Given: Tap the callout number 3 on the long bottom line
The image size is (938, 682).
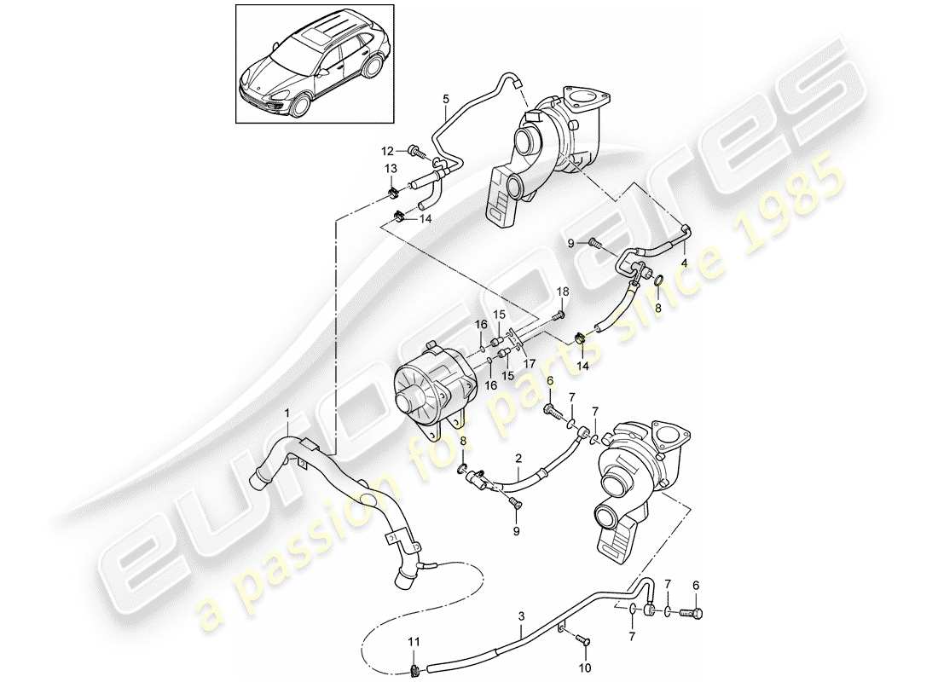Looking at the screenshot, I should (521, 614).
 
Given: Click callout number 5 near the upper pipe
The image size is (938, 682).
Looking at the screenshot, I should (445, 99).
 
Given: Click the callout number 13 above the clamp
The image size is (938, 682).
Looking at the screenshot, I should (391, 168).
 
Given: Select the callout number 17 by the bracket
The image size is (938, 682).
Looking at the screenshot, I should (530, 363).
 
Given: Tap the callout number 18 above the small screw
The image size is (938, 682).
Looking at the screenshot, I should (562, 292).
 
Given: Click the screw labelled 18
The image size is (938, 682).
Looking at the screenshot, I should (559, 315).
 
